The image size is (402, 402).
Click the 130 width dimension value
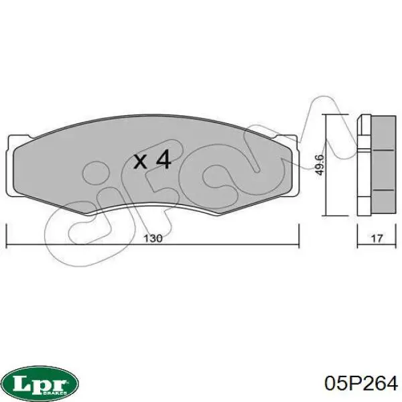[153, 239]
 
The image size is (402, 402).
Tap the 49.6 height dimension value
[320, 165]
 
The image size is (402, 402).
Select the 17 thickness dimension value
[377, 239]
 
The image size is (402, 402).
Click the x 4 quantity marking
[152, 160]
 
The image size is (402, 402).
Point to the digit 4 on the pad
[163, 159]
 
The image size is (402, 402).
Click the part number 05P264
[360, 383]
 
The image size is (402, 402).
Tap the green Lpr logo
[42, 383]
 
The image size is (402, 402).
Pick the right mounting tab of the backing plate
[295, 166]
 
